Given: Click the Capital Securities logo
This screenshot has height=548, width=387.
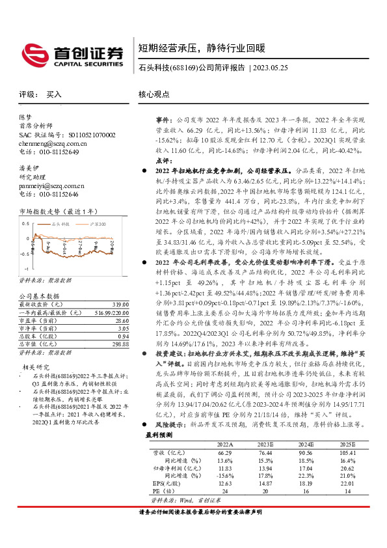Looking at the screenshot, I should (72, 53).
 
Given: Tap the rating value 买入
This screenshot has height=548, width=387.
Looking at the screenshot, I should (54, 94).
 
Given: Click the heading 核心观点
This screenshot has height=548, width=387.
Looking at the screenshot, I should (153, 94).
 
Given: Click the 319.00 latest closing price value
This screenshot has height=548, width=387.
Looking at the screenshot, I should (119, 304).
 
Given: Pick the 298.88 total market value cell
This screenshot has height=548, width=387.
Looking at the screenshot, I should (119, 343).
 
